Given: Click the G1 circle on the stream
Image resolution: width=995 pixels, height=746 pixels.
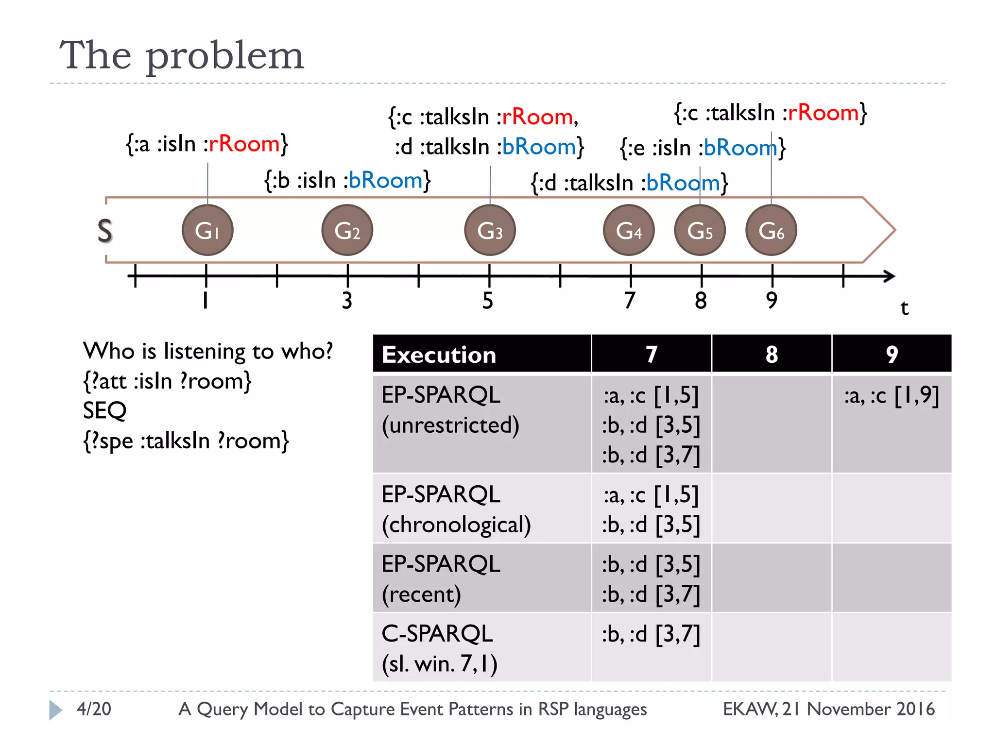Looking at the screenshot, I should coord(207,230).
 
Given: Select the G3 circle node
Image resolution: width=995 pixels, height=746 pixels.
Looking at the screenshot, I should coord(490,230).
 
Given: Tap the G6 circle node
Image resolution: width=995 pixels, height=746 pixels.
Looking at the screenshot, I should coord(771,230).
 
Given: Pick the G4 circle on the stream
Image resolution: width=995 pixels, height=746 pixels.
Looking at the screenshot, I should coord(629,230).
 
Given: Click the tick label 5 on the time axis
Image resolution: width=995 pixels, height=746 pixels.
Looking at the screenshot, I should coord(488,301).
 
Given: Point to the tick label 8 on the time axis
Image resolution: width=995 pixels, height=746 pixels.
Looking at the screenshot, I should coord(701,301).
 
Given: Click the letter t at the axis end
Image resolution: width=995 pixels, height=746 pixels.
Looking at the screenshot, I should coord(904,308).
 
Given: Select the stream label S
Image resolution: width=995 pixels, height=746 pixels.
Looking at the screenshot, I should coord(105,231).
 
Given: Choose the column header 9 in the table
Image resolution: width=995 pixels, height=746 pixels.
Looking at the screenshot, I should coord(892,354).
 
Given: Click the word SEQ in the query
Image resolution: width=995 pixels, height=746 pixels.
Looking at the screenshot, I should coord(104,411).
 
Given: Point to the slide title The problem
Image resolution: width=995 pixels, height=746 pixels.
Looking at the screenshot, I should coord(182,55).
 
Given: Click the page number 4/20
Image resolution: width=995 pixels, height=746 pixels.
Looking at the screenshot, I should coord(94,709).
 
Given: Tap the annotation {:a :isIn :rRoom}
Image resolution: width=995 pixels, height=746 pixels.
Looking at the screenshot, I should coord(207,144).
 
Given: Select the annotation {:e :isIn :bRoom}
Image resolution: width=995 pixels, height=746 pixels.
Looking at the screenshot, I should coord(703,148).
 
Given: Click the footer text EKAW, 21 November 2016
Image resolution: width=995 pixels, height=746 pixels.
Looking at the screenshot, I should coord(828,709).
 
